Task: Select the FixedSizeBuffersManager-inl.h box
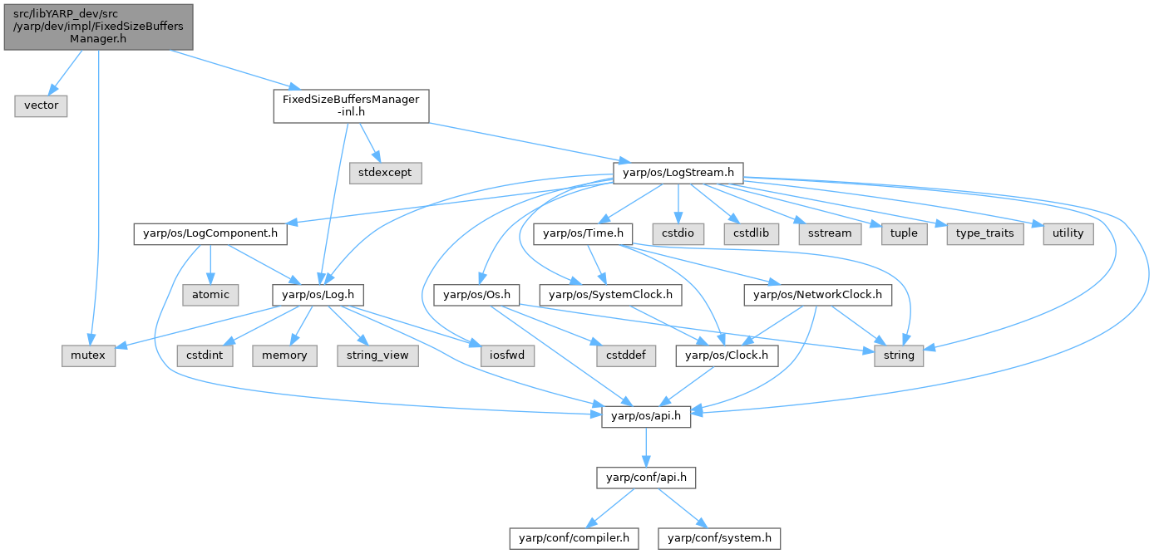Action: [351, 106]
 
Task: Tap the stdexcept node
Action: [386, 173]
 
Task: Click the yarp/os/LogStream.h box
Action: [677, 173]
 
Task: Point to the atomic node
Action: [211, 293]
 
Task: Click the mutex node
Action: [87, 355]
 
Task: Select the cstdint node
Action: [205, 355]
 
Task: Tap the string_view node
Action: [377, 355]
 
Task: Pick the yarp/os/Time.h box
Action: [584, 233]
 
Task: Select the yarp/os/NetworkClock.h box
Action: [818, 293]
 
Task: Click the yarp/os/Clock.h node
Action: [727, 355]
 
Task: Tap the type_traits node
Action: [984, 233]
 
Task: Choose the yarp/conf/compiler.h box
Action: [574, 537]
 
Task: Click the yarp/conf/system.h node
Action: [720, 537]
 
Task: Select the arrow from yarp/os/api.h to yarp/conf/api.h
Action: [646, 447]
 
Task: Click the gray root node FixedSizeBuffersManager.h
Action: [98, 27]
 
